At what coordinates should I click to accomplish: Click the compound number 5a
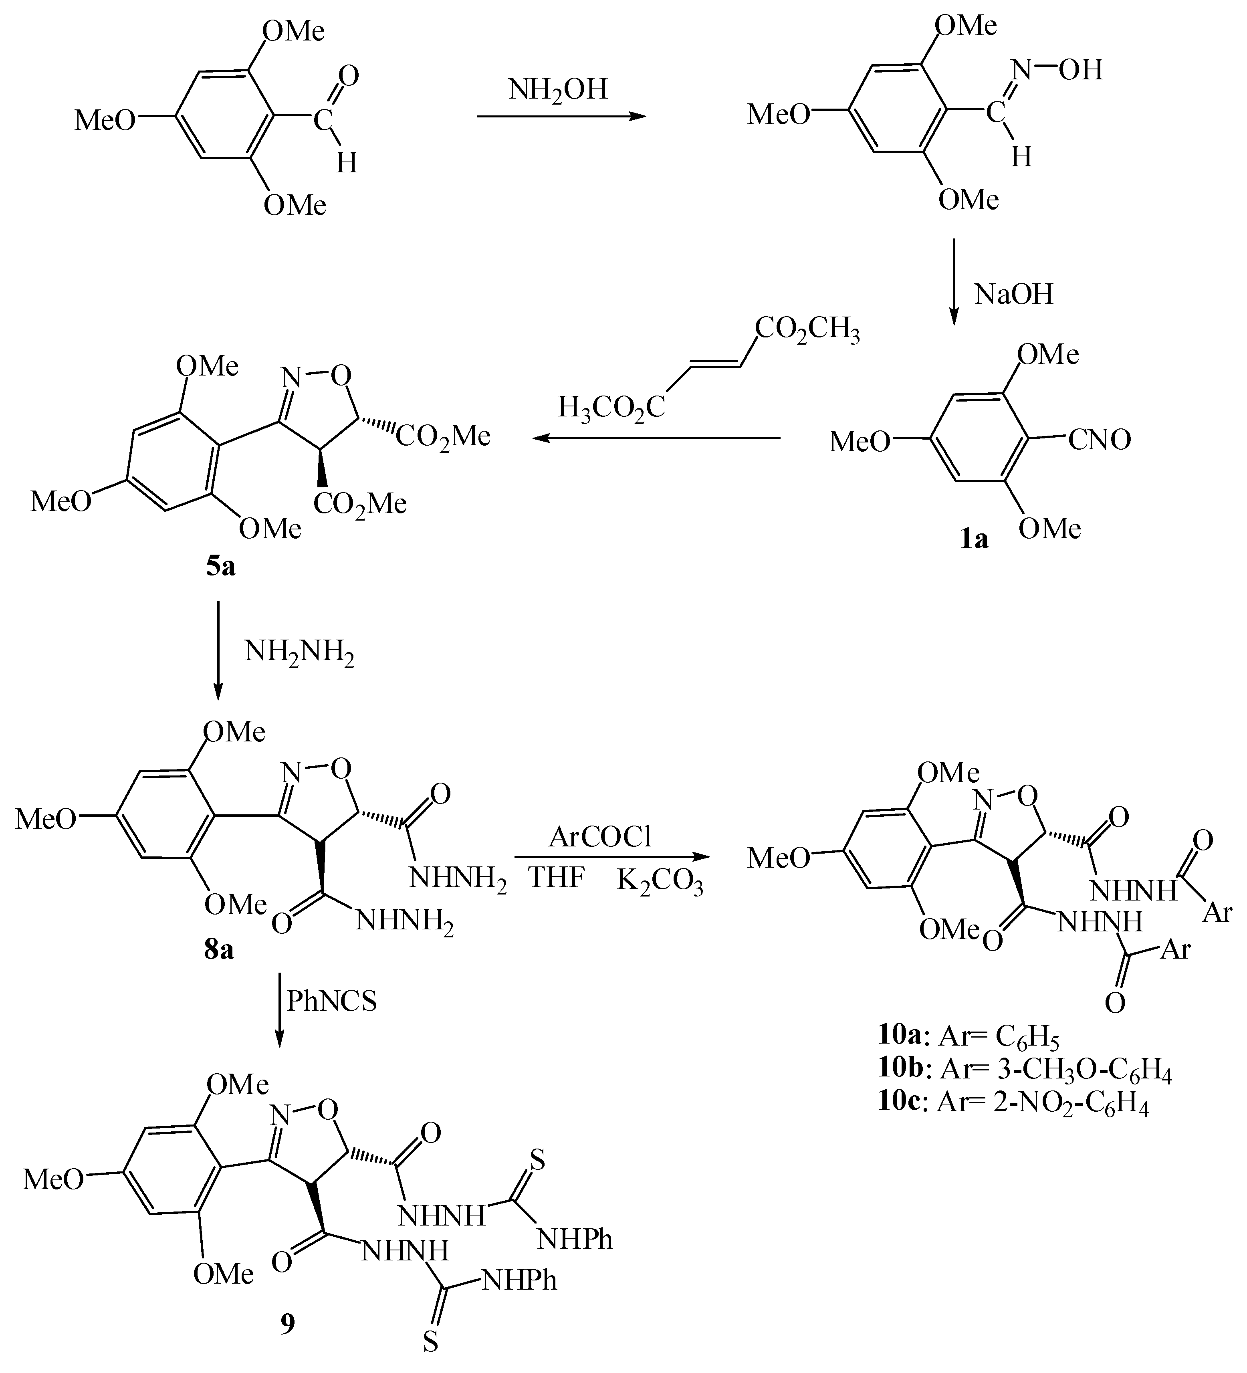coord(221,566)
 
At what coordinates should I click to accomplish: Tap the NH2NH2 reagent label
coord(300,653)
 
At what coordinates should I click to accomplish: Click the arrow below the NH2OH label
coord(561,117)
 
